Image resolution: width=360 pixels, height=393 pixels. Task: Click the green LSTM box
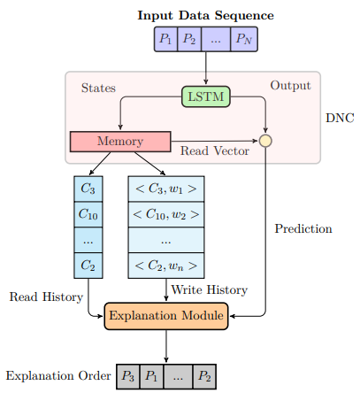pyautogui.click(x=206, y=96)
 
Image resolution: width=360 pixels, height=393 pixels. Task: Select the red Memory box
pyautogui.click(x=120, y=142)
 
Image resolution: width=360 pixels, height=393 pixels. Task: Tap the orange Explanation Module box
pyautogui.click(x=166, y=316)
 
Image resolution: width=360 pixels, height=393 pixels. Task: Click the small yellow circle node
pyautogui.click(x=265, y=141)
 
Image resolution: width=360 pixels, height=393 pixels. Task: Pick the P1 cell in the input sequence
pyautogui.click(x=165, y=39)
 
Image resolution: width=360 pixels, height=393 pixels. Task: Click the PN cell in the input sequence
pyautogui.click(x=244, y=39)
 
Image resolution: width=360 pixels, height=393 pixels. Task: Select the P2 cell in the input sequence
pyautogui.click(x=189, y=39)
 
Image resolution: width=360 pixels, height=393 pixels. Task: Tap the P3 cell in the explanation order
pyautogui.click(x=128, y=376)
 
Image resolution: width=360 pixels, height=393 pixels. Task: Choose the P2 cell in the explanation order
pyautogui.click(x=204, y=376)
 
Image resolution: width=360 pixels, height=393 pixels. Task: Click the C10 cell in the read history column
pyautogui.click(x=88, y=214)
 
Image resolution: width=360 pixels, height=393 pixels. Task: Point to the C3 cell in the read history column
pyautogui.click(x=88, y=189)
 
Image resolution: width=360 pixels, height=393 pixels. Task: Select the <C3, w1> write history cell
pyautogui.click(x=166, y=189)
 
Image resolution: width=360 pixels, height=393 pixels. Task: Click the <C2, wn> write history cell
pyautogui.click(x=166, y=266)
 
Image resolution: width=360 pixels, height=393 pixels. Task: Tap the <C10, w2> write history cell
pyautogui.click(x=166, y=214)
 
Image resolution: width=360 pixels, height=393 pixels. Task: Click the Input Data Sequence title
pyautogui.click(x=206, y=16)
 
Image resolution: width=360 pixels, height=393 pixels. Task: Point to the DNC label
pyautogui.click(x=340, y=118)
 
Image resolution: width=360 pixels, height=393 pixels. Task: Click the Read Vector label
pyautogui.click(x=215, y=150)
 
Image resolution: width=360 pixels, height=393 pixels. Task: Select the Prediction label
pyautogui.click(x=303, y=228)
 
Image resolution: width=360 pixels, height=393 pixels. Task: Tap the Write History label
pyautogui.click(x=210, y=289)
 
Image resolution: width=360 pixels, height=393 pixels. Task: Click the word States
pyautogui.click(x=98, y=88)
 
